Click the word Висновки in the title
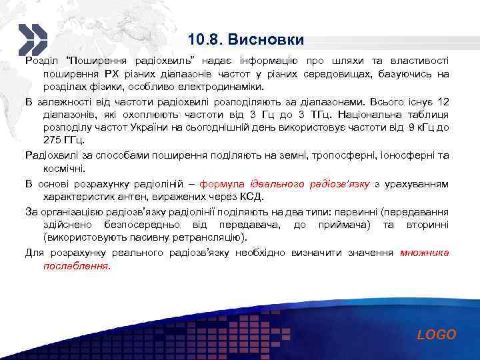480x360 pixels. [x=266, y=39]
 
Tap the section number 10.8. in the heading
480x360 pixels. [x=205, y=39]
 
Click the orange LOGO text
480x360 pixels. [x=437, y=335]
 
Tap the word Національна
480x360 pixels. [x=380, y=115]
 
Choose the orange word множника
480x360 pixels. [x=425, y=253]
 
